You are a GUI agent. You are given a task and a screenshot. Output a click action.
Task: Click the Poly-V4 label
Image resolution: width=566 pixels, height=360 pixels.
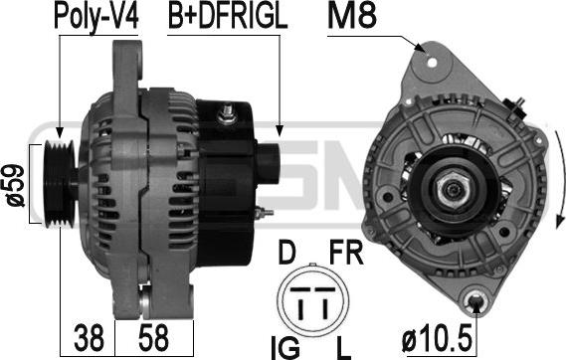tap(96, 17)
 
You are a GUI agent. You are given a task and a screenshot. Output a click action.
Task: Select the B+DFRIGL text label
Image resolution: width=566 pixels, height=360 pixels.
tap(228, 16)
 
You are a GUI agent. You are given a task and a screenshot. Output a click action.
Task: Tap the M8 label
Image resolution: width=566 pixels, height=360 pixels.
tap(352, 16)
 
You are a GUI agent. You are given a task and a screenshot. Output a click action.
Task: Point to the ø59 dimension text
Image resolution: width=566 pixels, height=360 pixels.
tap(15, 185)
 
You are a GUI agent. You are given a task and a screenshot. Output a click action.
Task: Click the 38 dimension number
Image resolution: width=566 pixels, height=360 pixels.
tap(89, 338)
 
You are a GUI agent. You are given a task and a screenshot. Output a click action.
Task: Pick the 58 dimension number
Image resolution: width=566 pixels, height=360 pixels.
tap(153, 338)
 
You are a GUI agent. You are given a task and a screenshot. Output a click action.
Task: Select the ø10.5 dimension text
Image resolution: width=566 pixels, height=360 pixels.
tap(437, 338)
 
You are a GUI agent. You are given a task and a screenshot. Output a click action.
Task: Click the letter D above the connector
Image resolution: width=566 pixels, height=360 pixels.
tap(286, 253)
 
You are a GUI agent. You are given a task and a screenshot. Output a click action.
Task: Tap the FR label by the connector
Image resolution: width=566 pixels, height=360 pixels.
tap(346, 253)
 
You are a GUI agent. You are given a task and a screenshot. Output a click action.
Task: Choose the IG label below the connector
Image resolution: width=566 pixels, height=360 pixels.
tap(285, 348)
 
